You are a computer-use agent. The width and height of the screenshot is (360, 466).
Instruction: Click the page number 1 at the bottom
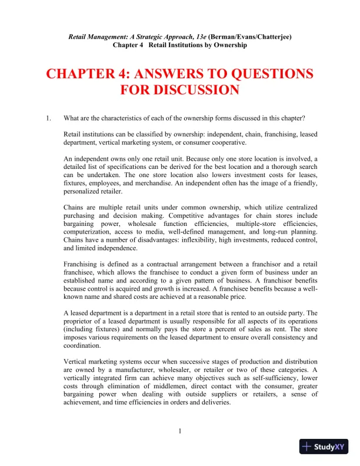click(x=180, y=431)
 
